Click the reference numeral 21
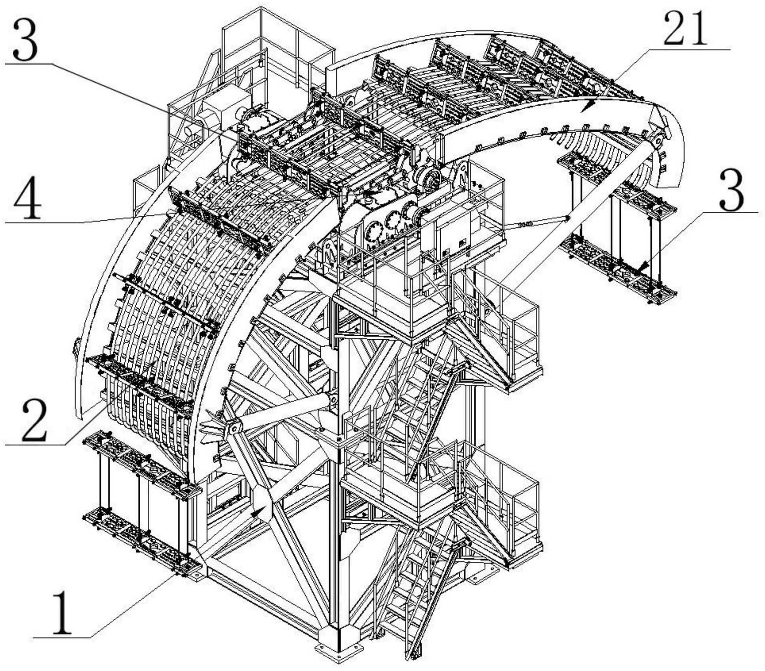685,30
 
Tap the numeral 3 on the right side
731,194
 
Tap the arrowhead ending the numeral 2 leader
155,364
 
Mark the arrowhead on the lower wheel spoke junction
257,512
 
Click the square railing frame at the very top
277,44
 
